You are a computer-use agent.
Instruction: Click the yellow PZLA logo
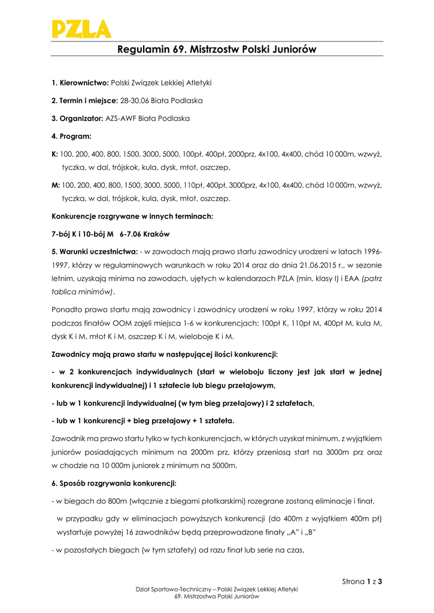[x=81, y=28]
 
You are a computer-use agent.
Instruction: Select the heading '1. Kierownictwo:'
[x=80, y=82]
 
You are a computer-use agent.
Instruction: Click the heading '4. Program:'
[x=71, y=136]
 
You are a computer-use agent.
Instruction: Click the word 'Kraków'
[x=159, y=234]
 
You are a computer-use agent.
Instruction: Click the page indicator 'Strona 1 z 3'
[x=362, y=581]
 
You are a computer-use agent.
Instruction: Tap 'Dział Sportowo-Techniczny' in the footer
[x=176, y=590]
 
